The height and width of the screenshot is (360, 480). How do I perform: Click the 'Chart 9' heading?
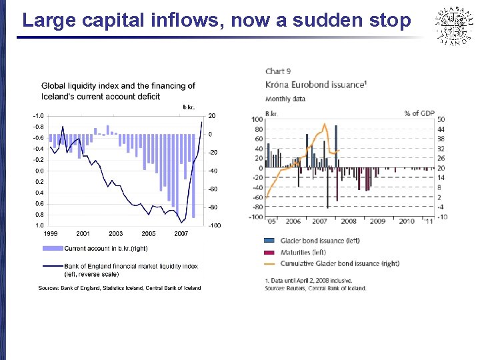278,71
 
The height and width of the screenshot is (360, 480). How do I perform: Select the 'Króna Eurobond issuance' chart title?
315,85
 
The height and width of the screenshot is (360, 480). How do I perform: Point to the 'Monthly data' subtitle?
285,99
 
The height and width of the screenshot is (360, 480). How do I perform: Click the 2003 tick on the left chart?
115,234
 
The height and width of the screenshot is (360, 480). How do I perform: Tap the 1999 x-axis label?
51,234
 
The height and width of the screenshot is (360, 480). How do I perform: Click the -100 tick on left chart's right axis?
214,225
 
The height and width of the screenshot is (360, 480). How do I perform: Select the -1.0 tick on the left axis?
39,116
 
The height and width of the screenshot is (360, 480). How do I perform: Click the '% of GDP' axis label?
420,113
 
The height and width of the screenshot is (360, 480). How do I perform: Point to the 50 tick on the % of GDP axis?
441,119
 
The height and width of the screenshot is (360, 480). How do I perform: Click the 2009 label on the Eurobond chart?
377,221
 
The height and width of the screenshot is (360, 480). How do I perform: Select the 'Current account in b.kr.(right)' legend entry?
106,249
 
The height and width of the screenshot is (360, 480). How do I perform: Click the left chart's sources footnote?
120,288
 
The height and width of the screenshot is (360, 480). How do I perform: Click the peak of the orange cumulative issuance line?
324,123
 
